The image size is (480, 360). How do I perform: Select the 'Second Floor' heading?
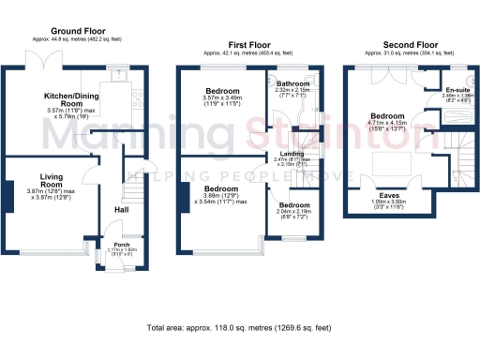[410, 44]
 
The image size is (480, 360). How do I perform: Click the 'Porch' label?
[121, 244]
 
